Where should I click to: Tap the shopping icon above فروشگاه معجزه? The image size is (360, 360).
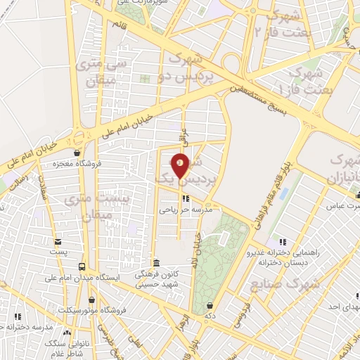click(77, 153)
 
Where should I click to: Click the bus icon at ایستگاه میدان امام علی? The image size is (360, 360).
click(82, 267)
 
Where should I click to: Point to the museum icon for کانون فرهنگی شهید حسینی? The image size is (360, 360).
click(155, 263)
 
